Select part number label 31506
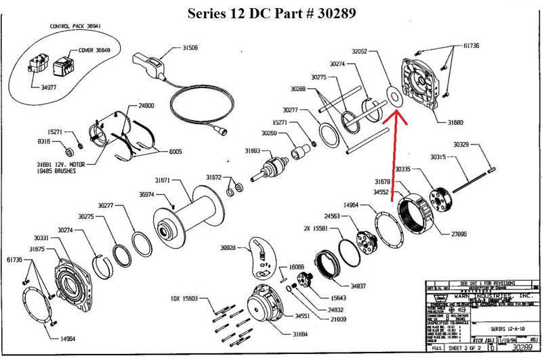click(x=190, y=48)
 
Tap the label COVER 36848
click(x=94, y=49)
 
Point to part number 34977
click(x=48, y=87)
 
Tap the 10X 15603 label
click(x=185, y=298)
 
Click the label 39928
click(x=227, y=248)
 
